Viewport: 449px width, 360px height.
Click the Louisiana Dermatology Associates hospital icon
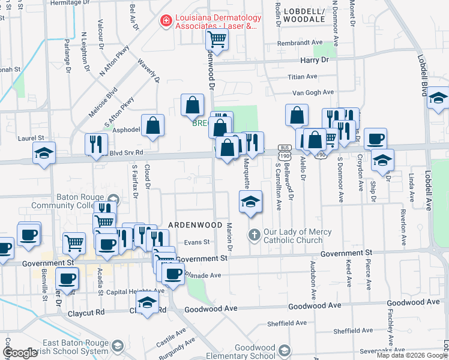click(x=164, y=22)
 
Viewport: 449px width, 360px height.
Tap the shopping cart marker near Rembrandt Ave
click(x=217, y=40)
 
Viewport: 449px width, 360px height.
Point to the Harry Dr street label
click(x=315, y=61)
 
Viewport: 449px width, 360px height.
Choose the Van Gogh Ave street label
click(x=313, y=92)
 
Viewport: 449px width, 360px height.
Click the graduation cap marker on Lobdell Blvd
click(x=439, y=97)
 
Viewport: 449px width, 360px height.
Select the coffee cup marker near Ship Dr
click(x=375, y=139)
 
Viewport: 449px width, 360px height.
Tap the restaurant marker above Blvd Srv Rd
click(x=96, y=143)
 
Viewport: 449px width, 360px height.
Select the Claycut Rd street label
click(x=87, y=312)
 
